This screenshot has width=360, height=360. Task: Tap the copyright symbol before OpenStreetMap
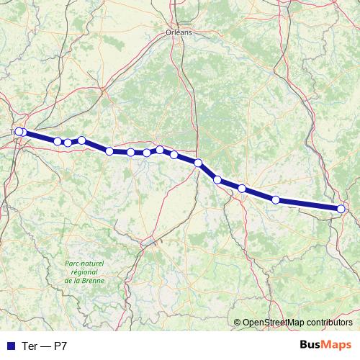point(238,323)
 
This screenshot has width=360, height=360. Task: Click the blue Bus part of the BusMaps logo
point(310,346)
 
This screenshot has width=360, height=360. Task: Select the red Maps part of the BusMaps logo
point(337,346)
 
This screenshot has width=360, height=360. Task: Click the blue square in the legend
point(10,346)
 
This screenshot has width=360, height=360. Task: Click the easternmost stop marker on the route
point(341,209)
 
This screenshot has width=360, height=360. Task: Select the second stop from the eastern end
point(276,199)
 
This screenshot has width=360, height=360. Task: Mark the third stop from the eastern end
point(242,189)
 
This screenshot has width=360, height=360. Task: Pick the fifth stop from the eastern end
point(197,163)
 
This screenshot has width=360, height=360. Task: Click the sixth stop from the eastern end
point(174,155)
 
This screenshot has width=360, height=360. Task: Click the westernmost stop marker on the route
point(19,132)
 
